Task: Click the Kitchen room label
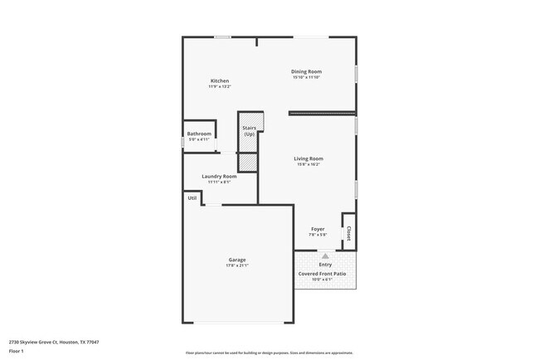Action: (219, 80)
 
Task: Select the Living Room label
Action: (308, 158)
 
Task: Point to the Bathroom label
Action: (199, 134)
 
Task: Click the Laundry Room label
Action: (219, 176)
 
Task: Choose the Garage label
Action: (237, 260)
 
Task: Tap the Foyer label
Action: (318, 228)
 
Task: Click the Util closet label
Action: (192, 198)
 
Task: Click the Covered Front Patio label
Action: (323, 273)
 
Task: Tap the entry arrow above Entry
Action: (325, 257)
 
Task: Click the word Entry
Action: (325, 265)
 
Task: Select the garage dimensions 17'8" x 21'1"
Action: (237, 265)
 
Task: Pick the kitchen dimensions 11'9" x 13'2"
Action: (219, 86)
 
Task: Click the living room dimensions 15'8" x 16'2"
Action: (308, 164)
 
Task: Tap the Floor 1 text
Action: (17, 351)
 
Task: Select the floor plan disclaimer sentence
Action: (269, 353)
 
